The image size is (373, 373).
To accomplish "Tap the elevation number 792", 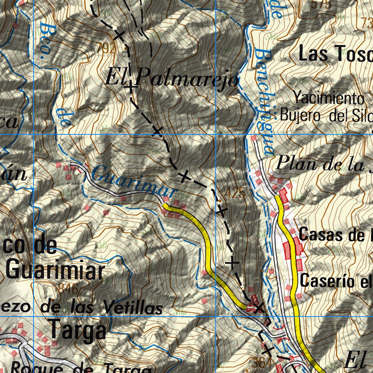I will coord(107,49).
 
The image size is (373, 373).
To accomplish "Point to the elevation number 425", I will coord(235,193).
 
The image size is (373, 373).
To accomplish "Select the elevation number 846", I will coord(68,290).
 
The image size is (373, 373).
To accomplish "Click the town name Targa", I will coord(78,330).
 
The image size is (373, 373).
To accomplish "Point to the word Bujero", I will coord(300,116).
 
